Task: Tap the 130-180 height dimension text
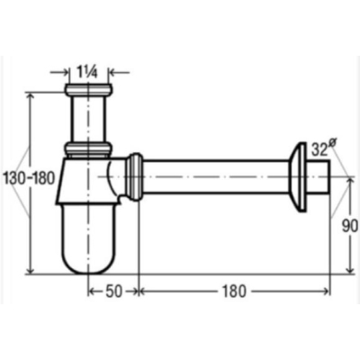click(x=29, y=179)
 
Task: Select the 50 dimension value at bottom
click(x=114, y=291)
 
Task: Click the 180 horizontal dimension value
click(x=234, y=291)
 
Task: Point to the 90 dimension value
click(x=350, y=226)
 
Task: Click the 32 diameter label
click(x=319, y=149)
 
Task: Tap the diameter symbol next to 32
click(x=331, y=144)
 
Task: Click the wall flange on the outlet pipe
click(x=297, y=177)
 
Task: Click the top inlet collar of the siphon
click(x=88, y=89)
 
